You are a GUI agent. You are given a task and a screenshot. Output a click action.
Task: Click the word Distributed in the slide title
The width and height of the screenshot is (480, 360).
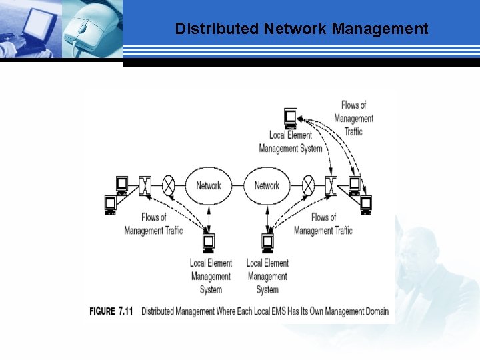[217, 29]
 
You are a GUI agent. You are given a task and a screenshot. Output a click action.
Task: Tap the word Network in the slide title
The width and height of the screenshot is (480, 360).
[295, 29]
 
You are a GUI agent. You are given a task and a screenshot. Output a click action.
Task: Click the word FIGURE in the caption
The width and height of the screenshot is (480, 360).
[102, 311]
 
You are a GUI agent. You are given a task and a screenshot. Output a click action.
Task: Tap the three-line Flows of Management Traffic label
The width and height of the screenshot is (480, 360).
[353, 118]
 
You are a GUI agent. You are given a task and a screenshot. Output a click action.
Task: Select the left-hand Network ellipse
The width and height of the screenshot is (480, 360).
[208, 185]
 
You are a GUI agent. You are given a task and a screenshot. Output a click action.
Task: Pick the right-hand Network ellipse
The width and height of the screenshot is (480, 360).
[267, 185]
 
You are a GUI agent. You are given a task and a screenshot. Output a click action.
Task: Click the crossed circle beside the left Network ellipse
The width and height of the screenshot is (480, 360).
[169, 185]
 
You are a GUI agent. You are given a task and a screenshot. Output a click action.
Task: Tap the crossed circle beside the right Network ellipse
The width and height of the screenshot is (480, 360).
[308, 185]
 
